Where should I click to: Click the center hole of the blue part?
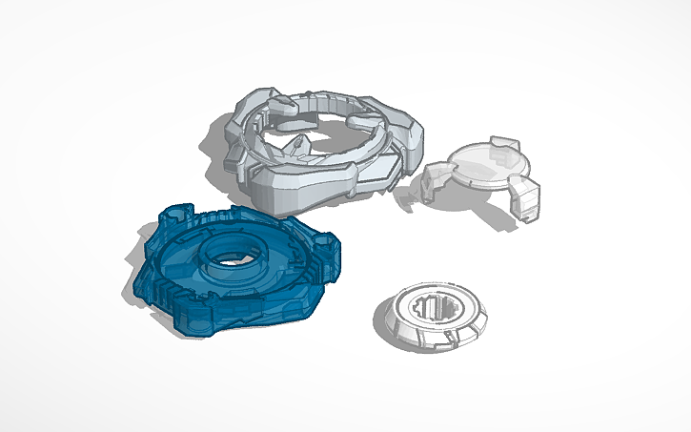click(229, 258)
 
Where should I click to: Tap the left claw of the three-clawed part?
click(438, 181)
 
